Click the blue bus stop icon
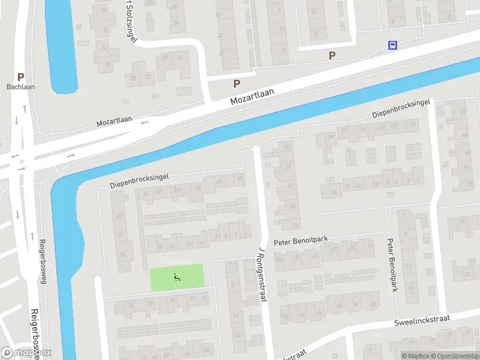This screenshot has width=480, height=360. (x=393, y=45)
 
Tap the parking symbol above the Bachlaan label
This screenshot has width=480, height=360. (x=21, y=77)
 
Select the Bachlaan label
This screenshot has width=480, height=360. (x=21, y=87)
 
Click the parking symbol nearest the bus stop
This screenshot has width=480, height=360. (x=332, y=55)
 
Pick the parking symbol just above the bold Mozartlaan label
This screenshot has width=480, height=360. (x=237, y=84)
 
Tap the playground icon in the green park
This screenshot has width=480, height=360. (x=176, y=277)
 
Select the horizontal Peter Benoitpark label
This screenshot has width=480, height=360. (x=301, y=241)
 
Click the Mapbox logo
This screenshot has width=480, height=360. (x=26, y=353)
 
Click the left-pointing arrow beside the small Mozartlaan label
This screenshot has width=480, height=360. (x=145, y=122)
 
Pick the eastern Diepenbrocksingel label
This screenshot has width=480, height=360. (x=401, y=108)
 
